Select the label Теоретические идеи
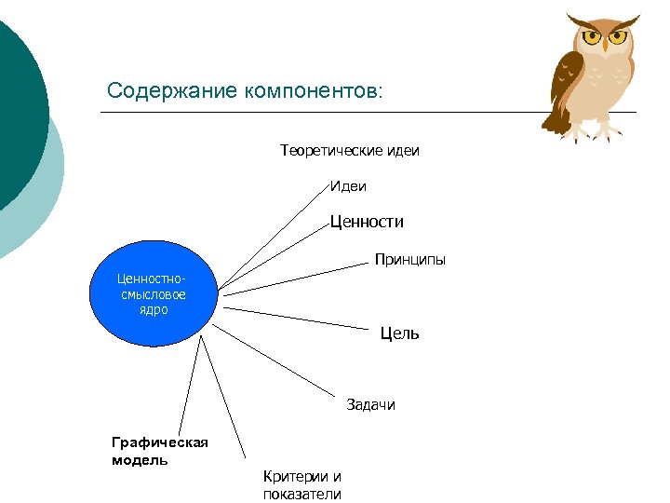(x=349, y=150)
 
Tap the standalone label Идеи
(x=348, y=186)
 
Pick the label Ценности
(x=367, y=222)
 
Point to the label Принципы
(x=409, y=259)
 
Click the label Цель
(x=399, y=333)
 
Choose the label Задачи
(x=370, y=404)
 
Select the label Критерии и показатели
(x=302, y=485)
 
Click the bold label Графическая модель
(x=159, y=451)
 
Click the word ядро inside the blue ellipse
(x=153, y=310)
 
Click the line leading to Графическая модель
(x=185, y=383)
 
